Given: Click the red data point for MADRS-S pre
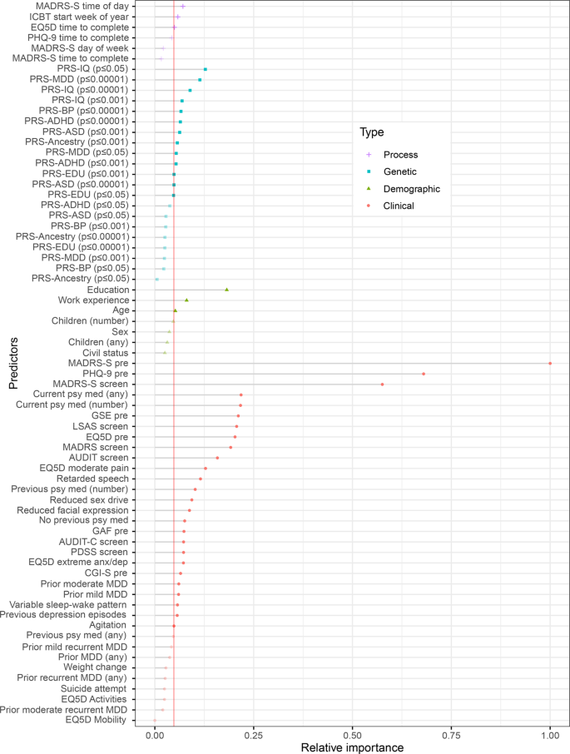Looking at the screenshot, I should (550, 363).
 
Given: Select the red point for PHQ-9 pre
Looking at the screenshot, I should (424, 374).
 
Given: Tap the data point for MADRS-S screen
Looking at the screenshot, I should (382, 384).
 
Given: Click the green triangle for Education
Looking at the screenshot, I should (226, 290).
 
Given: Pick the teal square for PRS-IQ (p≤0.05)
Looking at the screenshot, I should (206, 69).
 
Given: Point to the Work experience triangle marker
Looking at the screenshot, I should (186, 300).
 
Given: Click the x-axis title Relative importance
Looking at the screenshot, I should (352, 747).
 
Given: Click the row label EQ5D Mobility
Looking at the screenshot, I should (97, 720).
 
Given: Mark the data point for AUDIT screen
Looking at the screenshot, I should (217, 458).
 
